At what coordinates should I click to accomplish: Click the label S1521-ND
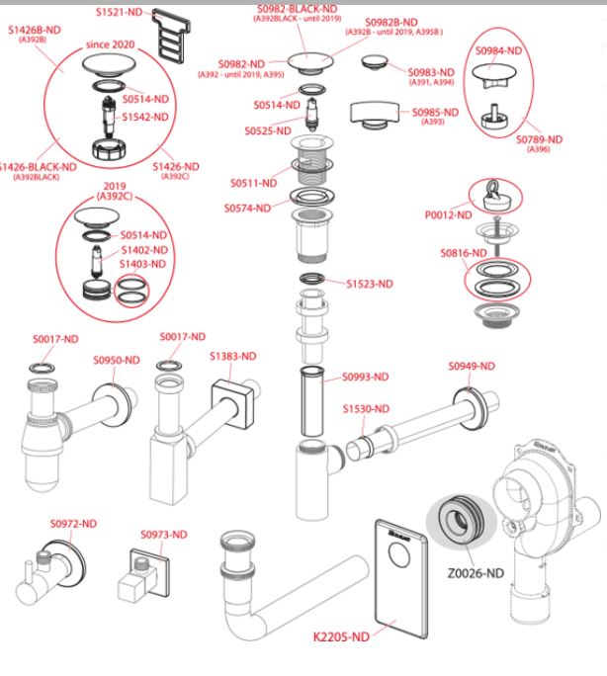[x=120, y=11]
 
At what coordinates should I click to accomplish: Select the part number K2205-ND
[x=341, y=637]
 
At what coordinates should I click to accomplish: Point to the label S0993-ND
[x=366, y=377]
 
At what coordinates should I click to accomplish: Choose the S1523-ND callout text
[x=369, y=284]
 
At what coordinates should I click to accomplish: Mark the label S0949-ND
[x=471, y=366]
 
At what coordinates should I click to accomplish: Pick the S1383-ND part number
[x=232, y=356]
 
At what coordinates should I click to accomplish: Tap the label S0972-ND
[x=74, y=523]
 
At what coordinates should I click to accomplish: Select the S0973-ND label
[x=163, y=535]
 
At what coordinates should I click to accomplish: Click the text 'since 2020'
[x=111, y=45]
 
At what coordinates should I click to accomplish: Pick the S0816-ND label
[x=464, y=253]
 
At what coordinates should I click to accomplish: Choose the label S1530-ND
[x=366, y=408]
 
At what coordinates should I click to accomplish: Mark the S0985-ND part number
[x=435, y=112]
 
